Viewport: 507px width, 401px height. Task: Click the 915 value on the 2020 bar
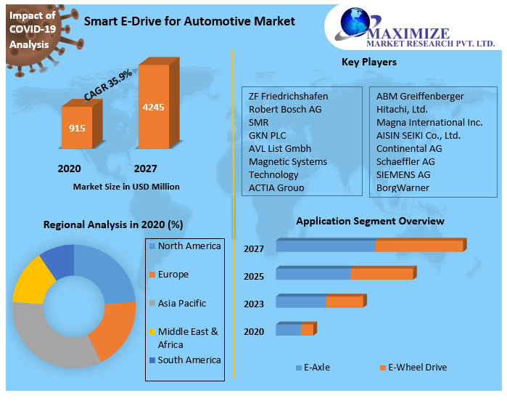click(77, 129)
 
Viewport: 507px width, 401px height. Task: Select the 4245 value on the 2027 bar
click(153, 107)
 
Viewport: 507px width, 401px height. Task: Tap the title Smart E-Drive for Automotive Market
click(189, 21)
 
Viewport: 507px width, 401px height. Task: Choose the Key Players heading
click(368, 62)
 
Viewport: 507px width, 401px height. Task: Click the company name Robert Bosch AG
click(285, 109)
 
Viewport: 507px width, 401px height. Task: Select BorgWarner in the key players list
click(403, 187)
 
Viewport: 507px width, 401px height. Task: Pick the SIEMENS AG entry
click(403, 174)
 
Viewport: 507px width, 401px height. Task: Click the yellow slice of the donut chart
click(33, 278)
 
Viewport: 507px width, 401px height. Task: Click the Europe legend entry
click(173, 274)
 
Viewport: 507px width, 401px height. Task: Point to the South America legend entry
click(189, 360)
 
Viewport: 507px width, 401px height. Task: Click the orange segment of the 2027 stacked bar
click(419, 246)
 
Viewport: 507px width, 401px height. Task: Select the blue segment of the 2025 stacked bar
click(313, 274)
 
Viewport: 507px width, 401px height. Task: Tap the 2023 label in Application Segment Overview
click(254, 304)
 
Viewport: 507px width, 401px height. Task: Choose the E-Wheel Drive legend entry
click(417, 367)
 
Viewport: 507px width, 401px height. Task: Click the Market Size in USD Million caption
click(126, 187)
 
